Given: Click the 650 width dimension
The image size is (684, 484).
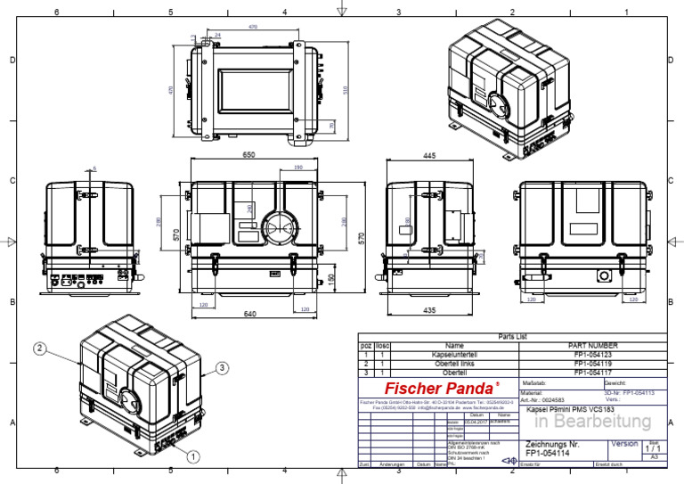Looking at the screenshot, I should (248, 155).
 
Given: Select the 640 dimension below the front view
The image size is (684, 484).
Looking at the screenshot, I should (249, 314).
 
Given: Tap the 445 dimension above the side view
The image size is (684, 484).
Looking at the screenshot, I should (428, 155).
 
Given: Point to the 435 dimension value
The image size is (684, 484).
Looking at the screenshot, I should (428, 310).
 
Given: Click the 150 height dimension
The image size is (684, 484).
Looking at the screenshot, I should (331, 280).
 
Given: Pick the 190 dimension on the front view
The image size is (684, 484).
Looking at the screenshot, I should (297, 168).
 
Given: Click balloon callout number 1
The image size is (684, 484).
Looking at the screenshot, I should (192, 454).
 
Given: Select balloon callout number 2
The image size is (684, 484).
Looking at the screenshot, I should (41, 348).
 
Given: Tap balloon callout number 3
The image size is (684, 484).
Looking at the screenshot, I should (223, 366).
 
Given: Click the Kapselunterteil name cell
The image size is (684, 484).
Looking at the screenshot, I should (454, 354).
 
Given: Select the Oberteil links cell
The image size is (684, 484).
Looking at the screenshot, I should (454, 363).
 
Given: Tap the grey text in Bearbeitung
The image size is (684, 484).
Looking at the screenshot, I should (592, 421).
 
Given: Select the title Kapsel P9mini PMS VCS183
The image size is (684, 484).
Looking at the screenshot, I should (571, 408).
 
